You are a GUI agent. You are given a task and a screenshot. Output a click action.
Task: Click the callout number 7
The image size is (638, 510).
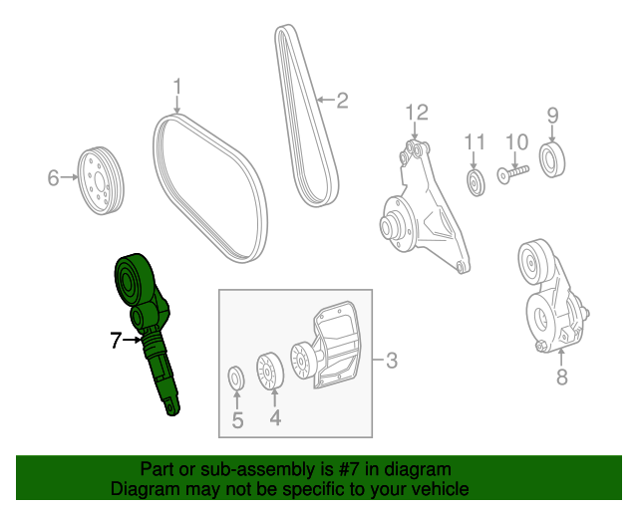[116, 340]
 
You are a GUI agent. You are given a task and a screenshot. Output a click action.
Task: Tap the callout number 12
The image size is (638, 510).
[417, 113]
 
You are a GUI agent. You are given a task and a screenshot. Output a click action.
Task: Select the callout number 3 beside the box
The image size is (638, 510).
[392, 361]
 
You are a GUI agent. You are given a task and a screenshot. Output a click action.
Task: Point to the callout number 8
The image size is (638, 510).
[562, 377]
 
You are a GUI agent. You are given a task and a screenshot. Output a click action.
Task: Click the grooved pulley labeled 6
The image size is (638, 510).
[101, 180]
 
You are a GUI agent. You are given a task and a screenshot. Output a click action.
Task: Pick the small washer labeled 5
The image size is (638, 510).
[236, 378]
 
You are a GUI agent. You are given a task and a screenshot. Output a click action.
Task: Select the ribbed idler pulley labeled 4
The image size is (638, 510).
[270, 371]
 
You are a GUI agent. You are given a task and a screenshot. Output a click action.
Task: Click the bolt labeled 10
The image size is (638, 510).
[513, 173]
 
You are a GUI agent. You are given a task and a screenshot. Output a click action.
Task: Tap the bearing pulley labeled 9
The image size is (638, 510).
[552, 159]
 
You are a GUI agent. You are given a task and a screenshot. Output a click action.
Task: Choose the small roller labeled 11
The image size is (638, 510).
[476, 183]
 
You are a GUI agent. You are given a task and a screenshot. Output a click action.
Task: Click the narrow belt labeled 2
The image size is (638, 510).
[307, 116]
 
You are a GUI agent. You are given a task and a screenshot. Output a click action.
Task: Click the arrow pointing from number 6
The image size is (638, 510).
[69, 177]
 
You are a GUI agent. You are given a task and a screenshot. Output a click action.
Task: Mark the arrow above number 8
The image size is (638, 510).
[561, 357]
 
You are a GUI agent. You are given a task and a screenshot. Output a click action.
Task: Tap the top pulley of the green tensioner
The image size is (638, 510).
[129, 282]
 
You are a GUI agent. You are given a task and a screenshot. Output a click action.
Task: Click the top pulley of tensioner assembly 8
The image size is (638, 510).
[533, 263]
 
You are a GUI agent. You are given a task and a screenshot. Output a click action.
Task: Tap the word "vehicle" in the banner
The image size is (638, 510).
[442, 488]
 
